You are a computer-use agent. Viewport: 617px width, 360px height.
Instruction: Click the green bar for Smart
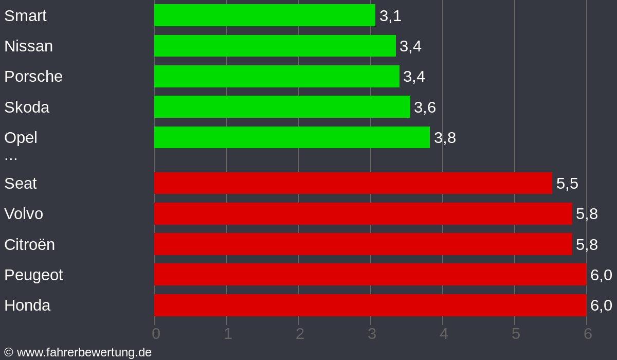point(264,15)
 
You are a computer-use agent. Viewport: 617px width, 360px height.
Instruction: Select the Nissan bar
point(275,46)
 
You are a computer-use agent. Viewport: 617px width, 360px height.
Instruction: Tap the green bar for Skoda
point(282,107)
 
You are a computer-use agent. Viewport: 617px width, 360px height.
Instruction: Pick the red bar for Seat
point(353,183)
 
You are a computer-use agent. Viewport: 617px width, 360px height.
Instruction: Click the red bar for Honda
point(370,305)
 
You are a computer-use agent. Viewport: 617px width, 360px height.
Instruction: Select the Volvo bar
point(363,213)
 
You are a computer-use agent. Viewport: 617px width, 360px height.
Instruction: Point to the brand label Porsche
point(33,77)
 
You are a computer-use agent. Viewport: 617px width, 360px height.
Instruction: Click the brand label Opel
point(21,137)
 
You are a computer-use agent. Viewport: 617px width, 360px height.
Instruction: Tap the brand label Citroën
point(29,244)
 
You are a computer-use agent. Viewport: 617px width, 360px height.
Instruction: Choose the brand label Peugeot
point(33,275)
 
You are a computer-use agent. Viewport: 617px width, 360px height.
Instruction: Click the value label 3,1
point(390,16)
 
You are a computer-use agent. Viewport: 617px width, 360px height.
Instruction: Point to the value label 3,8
point(445,138)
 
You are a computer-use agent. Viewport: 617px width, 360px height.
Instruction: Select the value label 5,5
point(567,184)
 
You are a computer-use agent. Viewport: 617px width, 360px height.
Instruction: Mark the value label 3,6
point(425,107)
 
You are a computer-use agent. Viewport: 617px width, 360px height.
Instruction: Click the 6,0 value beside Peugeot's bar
point(601,275)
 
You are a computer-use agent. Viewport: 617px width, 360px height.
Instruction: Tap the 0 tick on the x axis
point(156,334)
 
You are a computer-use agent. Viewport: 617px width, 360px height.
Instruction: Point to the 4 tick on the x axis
point(444,334)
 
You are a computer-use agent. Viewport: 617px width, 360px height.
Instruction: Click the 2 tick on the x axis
point(300,334)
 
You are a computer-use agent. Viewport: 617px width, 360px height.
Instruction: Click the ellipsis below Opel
point(11,156)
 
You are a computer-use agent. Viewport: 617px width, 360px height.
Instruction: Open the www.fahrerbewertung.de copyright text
point(78,352)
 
